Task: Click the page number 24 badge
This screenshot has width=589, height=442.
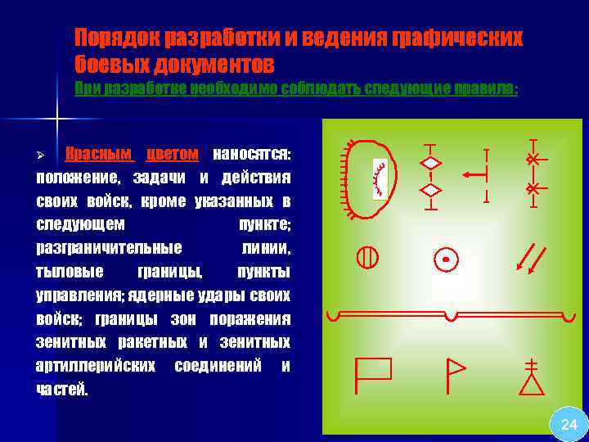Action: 569,424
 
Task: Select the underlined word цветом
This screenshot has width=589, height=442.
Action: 172,153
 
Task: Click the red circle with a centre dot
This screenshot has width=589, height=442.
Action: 446,259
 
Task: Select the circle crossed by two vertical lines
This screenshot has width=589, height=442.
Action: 366,257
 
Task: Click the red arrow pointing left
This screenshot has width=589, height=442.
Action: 474,174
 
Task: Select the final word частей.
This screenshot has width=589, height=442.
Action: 61,390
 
